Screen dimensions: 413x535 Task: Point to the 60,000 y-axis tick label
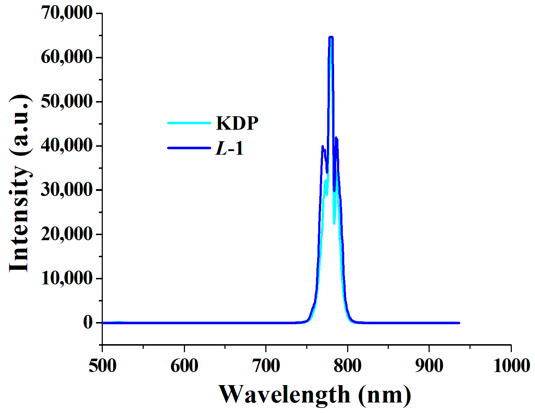point(67,57)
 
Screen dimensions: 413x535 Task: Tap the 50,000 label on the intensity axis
point(67,101)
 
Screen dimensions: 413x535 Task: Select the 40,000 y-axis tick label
point(67,145)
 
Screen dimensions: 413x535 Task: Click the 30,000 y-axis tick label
point(67,189)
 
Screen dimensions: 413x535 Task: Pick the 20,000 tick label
point(67,234)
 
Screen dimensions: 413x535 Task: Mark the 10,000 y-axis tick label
point(67,278)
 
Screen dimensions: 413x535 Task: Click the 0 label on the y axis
point(88,322)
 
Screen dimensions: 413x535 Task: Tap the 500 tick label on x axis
point(102,366)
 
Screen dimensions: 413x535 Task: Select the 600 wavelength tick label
point(184,366)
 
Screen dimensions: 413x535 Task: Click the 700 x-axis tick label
point(266,366)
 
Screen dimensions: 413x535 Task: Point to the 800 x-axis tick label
point(347,366)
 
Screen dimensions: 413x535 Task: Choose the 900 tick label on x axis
point(429,366)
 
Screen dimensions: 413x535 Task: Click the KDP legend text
point(237,123)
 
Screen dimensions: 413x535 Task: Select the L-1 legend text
point(229,148)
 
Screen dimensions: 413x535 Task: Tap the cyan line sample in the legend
point(189,123)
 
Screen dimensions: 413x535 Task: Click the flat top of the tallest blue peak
point(330,37)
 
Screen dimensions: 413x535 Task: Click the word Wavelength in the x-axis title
point(285,395)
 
